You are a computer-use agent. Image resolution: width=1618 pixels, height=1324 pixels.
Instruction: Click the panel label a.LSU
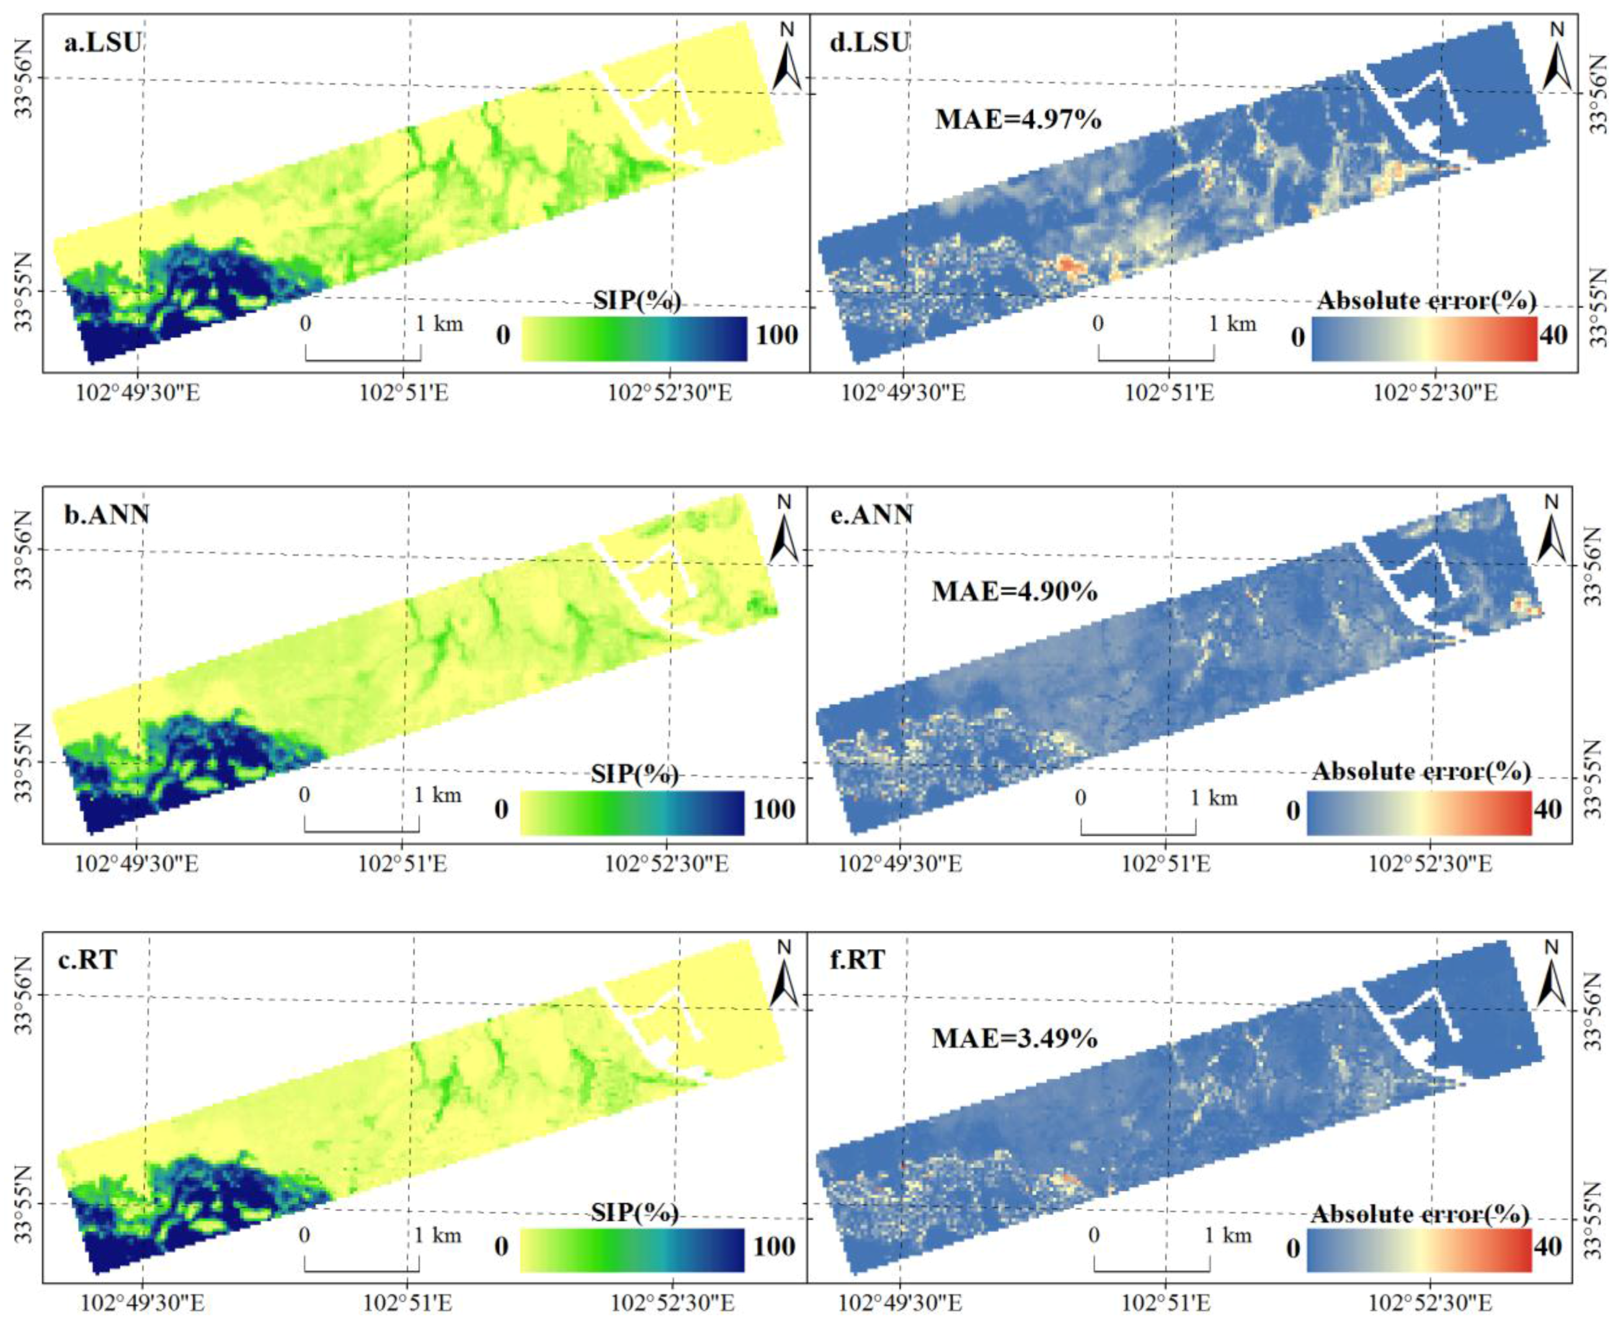click(x=103, y=43)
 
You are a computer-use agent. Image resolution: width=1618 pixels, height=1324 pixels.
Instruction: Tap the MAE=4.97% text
click(x=1018, y=120)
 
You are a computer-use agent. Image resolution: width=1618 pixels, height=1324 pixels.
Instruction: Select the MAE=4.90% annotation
click(x=1015, y=591)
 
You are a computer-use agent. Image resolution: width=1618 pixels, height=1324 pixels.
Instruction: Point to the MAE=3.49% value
click(x=1015, y=1038)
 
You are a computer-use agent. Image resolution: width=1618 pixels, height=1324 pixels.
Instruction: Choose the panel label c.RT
click(x=87, y=960)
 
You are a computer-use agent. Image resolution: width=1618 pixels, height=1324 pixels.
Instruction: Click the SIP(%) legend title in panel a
click(x=637, y=300)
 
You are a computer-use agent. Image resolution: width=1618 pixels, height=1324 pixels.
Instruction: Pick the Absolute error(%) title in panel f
click(x=1420, y=1214)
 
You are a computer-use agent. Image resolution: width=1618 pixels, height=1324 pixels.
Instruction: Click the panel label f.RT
click(x=858, y=960)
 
